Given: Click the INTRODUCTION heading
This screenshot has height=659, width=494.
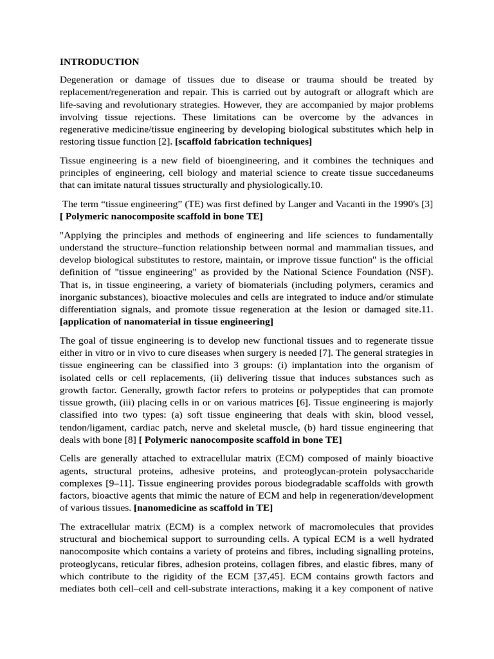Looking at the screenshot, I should [99, 62].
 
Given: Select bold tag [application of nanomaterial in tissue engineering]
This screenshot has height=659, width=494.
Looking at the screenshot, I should [167, 321].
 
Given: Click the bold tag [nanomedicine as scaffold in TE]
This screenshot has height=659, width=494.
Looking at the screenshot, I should [203, 507].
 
